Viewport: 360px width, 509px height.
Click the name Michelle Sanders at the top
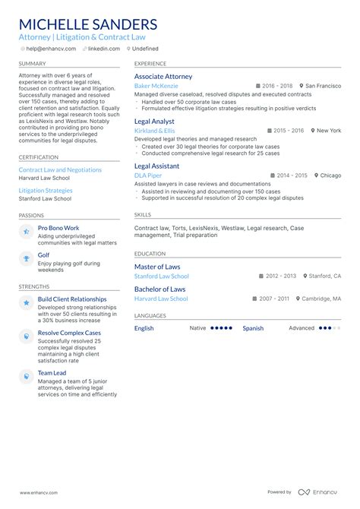[x=88, y=24]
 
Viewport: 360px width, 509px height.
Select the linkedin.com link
[x=103, y=49]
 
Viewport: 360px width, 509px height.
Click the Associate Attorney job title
[x=163, y=77]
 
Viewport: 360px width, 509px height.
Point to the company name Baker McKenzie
[x=156, y=87]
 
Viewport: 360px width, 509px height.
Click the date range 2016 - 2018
[x=276, y=87]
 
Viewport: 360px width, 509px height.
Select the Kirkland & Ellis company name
[x=154, y=131]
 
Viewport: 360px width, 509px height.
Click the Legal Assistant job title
[x=157, y=166]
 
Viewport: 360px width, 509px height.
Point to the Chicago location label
[x=330, y=175]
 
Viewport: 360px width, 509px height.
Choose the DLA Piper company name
[x=148, y=175]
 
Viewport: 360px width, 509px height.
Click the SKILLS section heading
[x=143, y=215]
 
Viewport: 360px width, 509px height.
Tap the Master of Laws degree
[x=157, y=267]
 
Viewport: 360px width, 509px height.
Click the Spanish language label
[x=253, y=328]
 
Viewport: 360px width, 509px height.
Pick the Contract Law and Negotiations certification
[x=60, y=170]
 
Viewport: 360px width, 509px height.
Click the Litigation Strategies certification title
[x=46, y=191]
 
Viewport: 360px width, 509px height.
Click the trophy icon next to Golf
[x=26, y=259]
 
